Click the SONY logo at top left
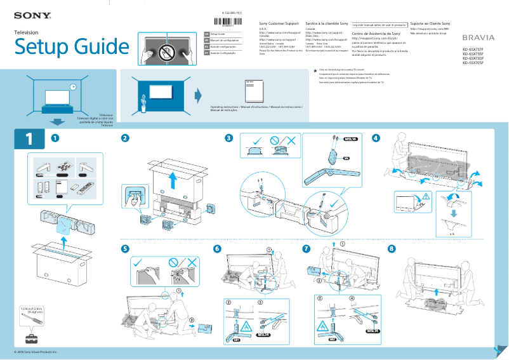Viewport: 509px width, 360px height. pyautogui.click(x=29, y=14)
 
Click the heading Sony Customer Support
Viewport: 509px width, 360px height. pyautogui.click(x=279, y=23)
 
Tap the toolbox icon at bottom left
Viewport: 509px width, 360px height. pyautogui.click(x=30, y=336)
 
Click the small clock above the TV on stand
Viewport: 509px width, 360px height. pyautogui.click(x=72, y=87)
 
